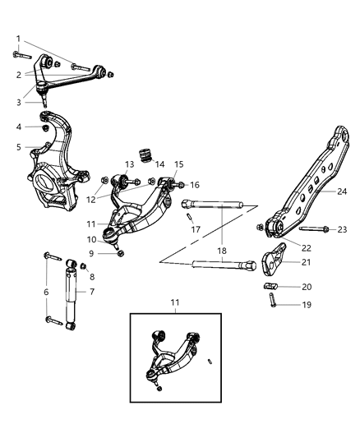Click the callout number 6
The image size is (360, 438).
click(46, 291)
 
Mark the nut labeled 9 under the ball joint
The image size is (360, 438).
click(121, 253)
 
